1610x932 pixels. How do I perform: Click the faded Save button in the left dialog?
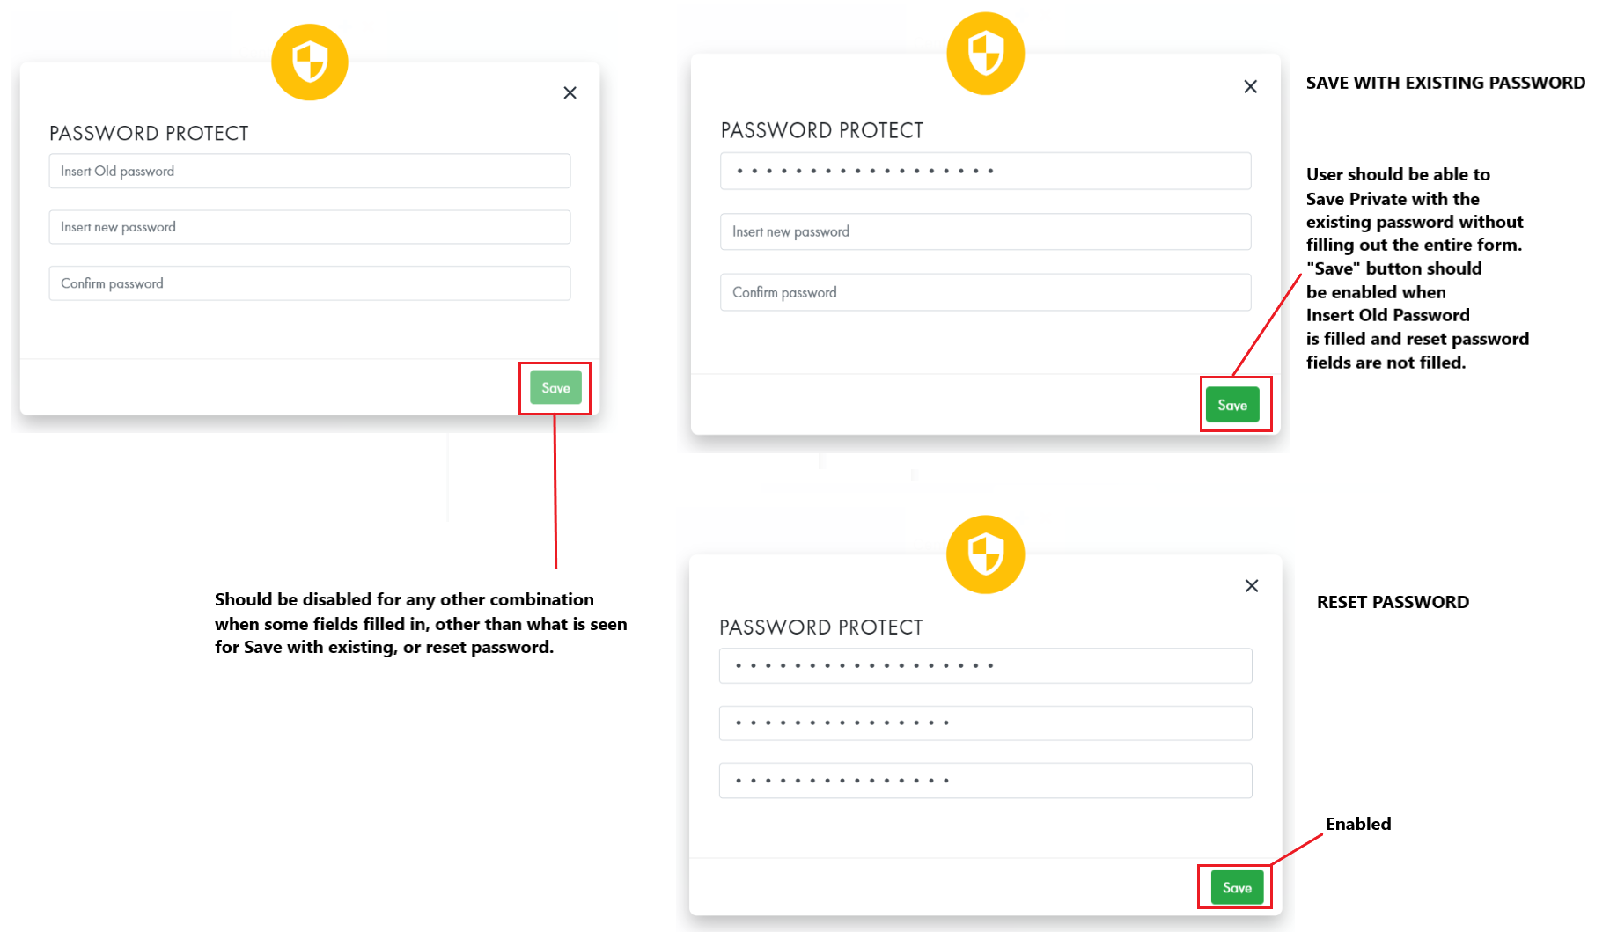click(x=555, y=388)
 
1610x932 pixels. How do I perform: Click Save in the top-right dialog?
click(x=1231, y=405)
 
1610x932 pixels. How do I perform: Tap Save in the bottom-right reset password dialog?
click(x=1236, y=887)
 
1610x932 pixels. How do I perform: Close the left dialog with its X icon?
click(x=570, y=92)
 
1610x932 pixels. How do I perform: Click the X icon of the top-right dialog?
click(x=1250, y=86)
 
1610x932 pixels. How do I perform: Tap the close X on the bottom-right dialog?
click(x=1251, y=586)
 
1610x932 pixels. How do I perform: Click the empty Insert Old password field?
click(x=309, y=171)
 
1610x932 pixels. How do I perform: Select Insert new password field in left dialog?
click(x=309, y=227)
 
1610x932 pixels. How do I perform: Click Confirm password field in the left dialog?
click(x=309, y=283)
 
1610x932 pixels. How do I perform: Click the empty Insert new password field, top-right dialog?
click(x=985, y=231)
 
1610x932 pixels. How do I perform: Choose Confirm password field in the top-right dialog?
click(x=985, y=292)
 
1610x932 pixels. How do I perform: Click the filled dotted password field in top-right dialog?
click(x=985, y=171)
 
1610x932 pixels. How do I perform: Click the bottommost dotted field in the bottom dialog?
click(x=985, y=781)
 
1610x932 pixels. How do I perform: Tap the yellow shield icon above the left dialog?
click(x=309, y=62)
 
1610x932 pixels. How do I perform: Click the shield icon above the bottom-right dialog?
click(x=985, y=554)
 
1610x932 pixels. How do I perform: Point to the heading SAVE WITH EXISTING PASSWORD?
click(x=1445, y=83)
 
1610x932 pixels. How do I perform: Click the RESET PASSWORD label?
click(x=1392, y=602)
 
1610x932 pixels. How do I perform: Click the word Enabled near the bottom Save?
click(x=1357, y=824)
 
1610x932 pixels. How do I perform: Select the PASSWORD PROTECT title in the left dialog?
click(x=149, y=133)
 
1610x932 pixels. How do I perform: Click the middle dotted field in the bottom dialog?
click(x=985, y=723)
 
